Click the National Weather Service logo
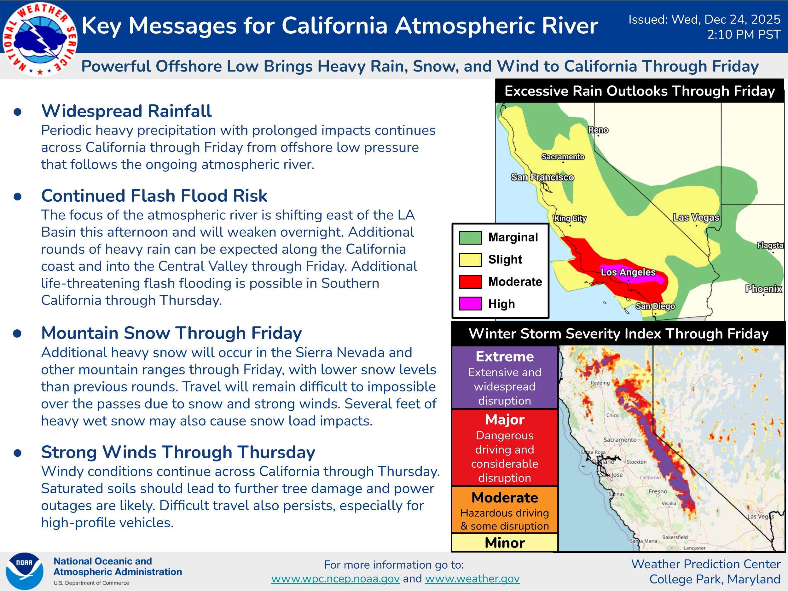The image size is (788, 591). pos(39,39)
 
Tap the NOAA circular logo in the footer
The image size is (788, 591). pos(25,571)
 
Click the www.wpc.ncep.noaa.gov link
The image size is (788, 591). pos(335,579)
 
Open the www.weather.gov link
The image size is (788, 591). pos(472,579)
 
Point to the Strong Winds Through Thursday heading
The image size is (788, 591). pos(178,452)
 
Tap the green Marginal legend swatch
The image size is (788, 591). pos(470,237)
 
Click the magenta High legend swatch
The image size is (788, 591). pos(470,304)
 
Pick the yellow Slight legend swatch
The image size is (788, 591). pos(470,259)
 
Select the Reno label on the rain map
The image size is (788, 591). pos(598,130)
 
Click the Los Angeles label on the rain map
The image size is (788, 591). pos(628,272)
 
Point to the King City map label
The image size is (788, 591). pos(570,218)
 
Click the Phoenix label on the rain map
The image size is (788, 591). pos(763,288)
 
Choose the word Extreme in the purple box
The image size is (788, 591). pos(505,356)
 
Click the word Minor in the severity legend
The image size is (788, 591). pos(505,542)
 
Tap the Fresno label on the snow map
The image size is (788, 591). pos(658,491)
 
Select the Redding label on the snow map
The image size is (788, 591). pos(600,383)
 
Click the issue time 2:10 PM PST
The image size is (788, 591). pos(744,35)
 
